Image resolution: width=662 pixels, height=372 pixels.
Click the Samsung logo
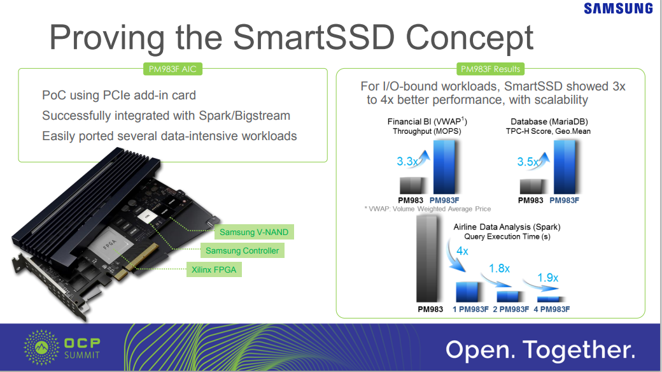pos(618,8)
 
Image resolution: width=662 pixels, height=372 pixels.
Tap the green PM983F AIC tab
pos(173,69)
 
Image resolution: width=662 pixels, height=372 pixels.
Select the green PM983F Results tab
pos(490,69)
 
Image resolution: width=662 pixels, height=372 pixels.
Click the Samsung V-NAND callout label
pos(254,232)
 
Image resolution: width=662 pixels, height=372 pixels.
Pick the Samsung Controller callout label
pos(242,251)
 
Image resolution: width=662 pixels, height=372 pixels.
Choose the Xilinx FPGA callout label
pos(214,269)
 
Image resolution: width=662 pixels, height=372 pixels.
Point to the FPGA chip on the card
pos(111,246)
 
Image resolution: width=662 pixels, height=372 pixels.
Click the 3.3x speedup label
pos(407,162)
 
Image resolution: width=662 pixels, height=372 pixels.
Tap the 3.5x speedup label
pos(528,162)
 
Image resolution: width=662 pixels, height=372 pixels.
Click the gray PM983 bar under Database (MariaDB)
pos(532,187)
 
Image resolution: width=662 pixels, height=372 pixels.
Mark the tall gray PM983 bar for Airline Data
pos(428,259)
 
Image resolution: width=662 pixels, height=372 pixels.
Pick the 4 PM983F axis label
pos(551,310)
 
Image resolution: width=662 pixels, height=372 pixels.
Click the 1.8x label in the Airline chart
pos(500,268)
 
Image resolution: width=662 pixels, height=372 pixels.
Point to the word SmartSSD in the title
pos(314,37)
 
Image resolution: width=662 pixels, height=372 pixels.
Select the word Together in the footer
pos(579,350)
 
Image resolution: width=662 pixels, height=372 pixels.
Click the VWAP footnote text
pos(428,209)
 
